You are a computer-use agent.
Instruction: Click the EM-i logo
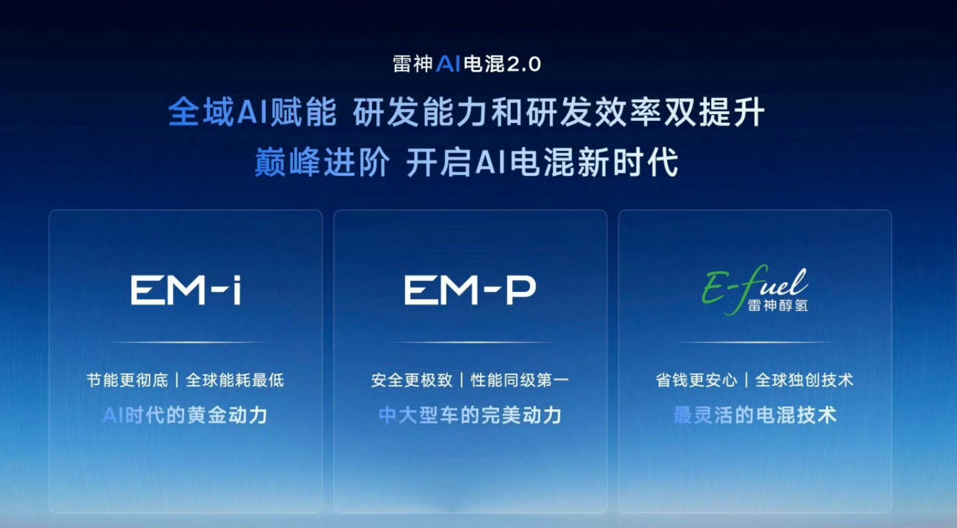tap(186, 290)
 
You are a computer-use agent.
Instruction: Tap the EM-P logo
tap(470, 290)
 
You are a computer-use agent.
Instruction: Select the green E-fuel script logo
tap(754, 290)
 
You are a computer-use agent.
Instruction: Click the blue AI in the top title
tap(448, 64)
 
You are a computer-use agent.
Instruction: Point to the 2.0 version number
tap(524, 65)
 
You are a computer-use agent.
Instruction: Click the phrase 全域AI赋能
tap(253, 113)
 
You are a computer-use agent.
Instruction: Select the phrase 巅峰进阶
tap(322, 162)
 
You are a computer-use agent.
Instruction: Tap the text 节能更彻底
tap(127, 380)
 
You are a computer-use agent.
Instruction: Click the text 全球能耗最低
tap(235, 380)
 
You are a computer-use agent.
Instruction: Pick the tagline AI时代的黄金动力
tap(185, 415)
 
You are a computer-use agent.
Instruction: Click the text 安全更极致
tap(412, 380)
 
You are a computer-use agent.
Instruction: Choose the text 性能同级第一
tap(520, 380)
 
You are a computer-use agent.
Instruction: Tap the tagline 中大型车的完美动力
tap(470, 415)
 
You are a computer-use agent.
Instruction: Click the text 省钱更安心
tap(696, 380)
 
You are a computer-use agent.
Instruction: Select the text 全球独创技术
tap(804, 380)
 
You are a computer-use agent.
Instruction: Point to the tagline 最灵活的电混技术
tap(754, 415)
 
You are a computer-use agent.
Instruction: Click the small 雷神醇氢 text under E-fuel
tap(778, 305)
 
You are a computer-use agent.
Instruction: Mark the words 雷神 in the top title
tap(413, 64)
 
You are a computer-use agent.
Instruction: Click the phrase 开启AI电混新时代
tap(542, 162)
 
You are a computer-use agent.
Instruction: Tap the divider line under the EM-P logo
tap(470, 343)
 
